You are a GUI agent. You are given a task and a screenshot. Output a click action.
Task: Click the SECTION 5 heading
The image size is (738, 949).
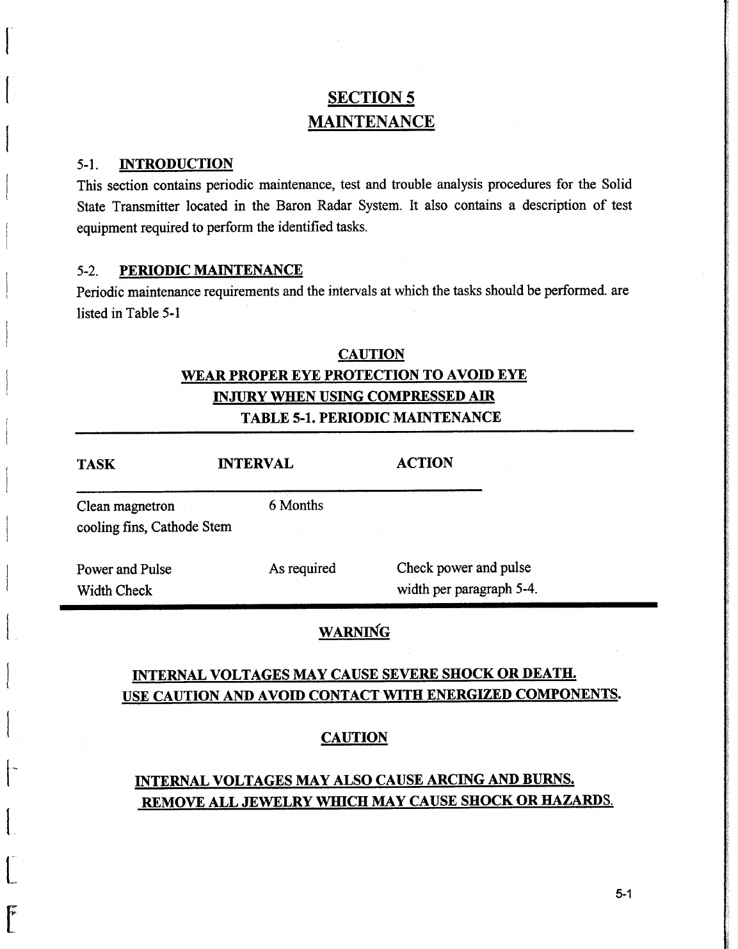pyautogui.click(x=371, y=98)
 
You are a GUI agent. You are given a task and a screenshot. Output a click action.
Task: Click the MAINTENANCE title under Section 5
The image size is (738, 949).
pyautogui.click(x=371, y=122)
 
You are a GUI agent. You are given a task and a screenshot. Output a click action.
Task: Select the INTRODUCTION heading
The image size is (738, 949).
pyautogui.click(x=176, y=164)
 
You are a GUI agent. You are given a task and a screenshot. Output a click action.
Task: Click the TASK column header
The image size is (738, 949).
pyautogui.click(x=96, y=464)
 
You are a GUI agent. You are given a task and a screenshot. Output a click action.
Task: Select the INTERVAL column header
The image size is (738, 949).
pyautogui.click(x=255, y=464)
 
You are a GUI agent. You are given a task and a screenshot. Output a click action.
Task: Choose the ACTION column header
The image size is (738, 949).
pyautogui.click(x=424, y=463)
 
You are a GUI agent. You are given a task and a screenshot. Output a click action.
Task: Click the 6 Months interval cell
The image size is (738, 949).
pyautogui.click(x=296, y=505)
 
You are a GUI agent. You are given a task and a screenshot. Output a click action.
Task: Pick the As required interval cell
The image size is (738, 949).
pyautogui.click(x=302, y=569)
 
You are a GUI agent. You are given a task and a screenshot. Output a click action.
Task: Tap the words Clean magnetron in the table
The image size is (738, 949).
pyautogui.click(x=125, y=506)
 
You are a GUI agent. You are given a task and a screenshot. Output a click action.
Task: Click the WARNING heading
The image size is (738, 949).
pyautogui.click(x=354, y=632)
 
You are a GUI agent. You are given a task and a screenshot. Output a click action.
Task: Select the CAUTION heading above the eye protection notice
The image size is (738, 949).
pyautogui.click(x=371, y=354)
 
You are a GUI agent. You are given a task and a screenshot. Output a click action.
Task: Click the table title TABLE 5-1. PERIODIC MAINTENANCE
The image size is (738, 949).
pyautogui.click(x=371, y=418)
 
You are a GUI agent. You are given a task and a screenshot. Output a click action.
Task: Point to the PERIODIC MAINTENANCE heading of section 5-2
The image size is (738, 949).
pyautogui.click(x=211, y=270)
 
